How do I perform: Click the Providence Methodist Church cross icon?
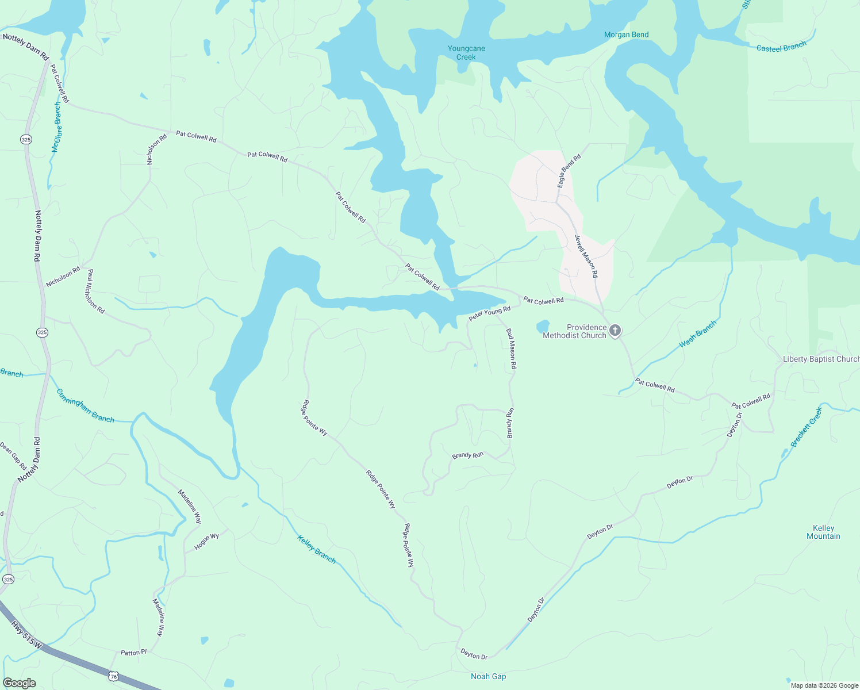[615, 330]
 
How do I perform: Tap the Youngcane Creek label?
[466, 53]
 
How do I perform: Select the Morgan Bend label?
[626, 34]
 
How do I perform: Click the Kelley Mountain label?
[823, 532]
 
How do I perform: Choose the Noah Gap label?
[488, 676]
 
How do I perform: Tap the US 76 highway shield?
[114, 676]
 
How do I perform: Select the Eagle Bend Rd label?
[569, 170]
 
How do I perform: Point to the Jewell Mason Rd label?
[586, 256]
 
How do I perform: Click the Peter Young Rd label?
[489, 314]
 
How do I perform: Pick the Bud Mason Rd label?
[511, 348]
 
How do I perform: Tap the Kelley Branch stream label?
[316, 549]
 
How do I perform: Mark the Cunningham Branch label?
[85, 405]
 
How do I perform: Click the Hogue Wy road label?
[206, 542]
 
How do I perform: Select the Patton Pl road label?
[134, 653]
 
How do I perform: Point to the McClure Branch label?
[56, 128]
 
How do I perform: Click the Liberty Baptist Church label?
[821, 359]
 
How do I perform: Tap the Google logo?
[19, 683]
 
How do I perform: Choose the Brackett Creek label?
[807, 427]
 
